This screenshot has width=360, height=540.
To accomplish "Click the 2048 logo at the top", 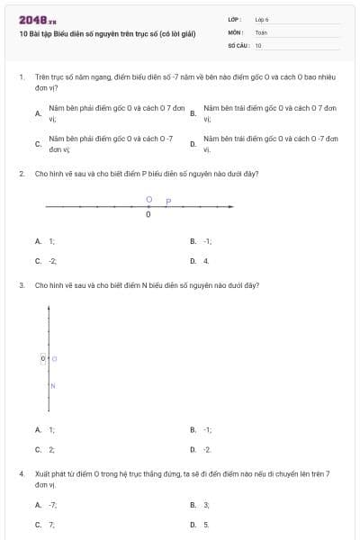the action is pos(37,19).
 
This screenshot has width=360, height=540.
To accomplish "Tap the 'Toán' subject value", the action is pos(261,31).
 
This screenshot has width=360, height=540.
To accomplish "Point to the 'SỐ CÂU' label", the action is pos(238,44).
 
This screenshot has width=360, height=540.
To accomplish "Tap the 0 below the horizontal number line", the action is pos(148,215).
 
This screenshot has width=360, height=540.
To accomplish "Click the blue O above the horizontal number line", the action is pos(148,200).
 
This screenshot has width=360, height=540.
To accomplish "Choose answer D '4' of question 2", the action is pos(205,261).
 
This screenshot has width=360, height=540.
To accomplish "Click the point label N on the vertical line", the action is pos(53,386).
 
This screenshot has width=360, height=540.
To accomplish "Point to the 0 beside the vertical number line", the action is pos(43,359).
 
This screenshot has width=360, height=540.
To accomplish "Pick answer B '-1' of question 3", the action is pos(207,429).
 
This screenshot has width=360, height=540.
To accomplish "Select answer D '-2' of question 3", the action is pos(207,449).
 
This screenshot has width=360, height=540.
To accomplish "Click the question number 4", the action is pos(21,473).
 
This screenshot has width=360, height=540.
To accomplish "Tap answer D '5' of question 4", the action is pos(205,524).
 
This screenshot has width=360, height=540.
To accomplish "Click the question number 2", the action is pos(21,173).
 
